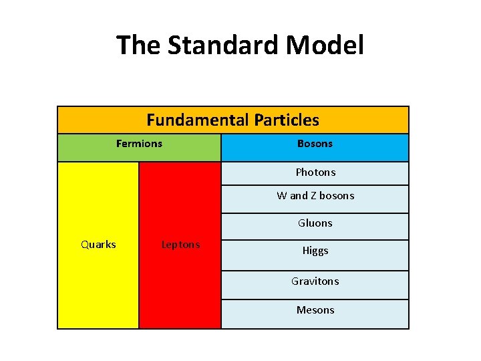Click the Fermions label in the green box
[139, 144]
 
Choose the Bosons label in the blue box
[315, 144]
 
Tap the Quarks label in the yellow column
[98, 245]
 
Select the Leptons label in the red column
[180, 245]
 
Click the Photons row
[315, 172]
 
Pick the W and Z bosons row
[315, 196]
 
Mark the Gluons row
[315, 223]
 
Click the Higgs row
[315, 251]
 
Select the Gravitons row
[315, 281]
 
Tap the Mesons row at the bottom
[315, 310]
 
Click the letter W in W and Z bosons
[281, 196]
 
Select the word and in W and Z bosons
[299, 196]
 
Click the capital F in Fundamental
[151, 120]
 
